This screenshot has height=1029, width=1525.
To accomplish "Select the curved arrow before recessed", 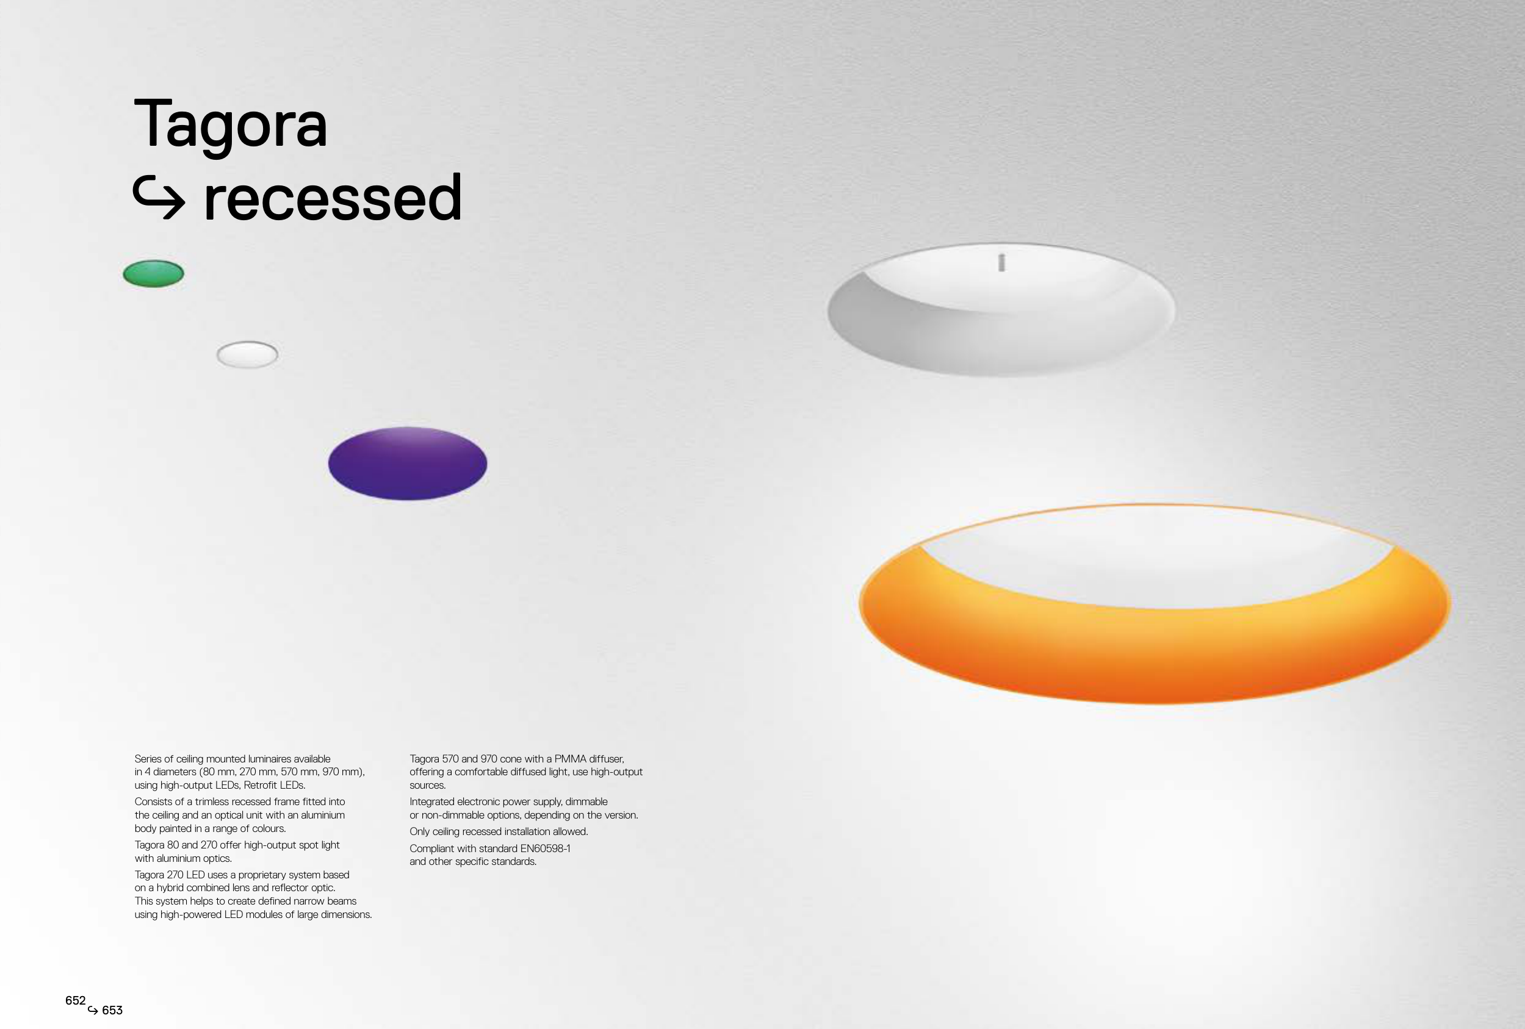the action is tap(159, 198).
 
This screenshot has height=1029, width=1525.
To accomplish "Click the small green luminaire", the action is tap(154, 273).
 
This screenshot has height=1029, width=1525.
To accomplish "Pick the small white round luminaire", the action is tap(247, 355).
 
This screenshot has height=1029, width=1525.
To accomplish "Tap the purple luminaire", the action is tap(408, 464).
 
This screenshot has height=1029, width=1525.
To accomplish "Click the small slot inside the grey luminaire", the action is tap(1001, 262).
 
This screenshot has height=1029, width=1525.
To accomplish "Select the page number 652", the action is tap(76, 1000).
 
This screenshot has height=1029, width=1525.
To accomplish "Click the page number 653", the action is tap(112, 1011).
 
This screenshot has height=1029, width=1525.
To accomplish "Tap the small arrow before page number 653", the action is tap(93, 1011).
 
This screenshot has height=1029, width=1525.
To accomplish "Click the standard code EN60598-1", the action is tap(546, 848).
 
